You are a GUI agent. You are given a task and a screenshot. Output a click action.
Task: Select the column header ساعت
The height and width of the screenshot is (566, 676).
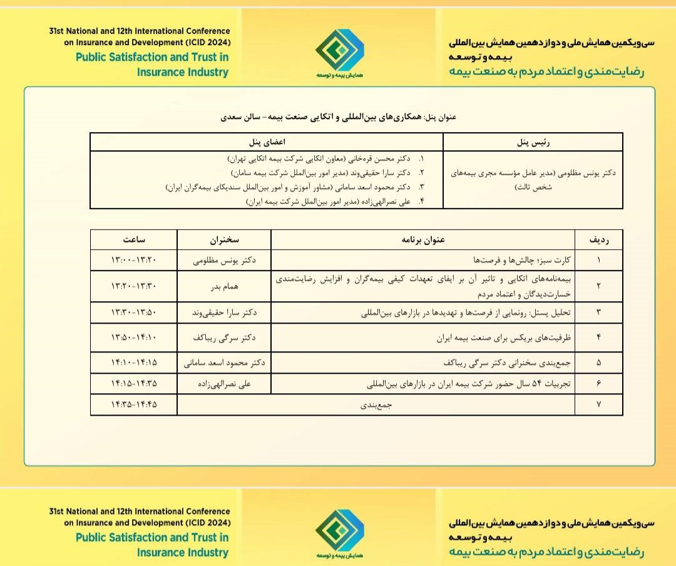[133, 239]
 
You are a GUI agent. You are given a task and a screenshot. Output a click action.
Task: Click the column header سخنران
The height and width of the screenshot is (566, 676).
[224, 239]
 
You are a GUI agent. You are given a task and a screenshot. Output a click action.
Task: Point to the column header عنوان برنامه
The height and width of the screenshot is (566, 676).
[422, 239]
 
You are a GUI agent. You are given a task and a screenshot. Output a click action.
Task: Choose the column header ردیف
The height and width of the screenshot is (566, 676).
[599, 239]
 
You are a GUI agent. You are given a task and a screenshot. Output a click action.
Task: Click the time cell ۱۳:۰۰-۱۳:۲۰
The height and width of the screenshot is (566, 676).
[133, 260]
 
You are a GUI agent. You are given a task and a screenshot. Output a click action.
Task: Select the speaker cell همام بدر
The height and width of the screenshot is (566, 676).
[224, 286]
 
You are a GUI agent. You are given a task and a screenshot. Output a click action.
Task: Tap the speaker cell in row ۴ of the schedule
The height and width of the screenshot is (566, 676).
[224, 338]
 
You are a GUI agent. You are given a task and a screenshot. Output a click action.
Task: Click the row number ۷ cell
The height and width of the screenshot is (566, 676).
[599, 404]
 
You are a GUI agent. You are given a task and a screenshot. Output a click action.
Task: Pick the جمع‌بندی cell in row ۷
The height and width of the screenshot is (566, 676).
[376, 404]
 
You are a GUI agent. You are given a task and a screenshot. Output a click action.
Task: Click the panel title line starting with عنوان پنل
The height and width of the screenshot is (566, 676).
[338, 116]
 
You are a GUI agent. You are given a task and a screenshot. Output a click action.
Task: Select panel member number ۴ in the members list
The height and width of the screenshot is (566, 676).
[335, 202]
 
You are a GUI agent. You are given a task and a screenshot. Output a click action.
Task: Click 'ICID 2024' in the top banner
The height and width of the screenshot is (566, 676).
[207, 42]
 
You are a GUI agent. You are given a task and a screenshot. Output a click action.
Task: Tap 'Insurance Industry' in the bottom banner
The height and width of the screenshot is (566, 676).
[183, 552]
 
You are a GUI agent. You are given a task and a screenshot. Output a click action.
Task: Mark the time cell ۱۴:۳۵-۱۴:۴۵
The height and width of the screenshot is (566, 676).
[133, 404]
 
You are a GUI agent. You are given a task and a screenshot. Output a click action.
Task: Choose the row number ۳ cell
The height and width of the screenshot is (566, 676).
[599, 312]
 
